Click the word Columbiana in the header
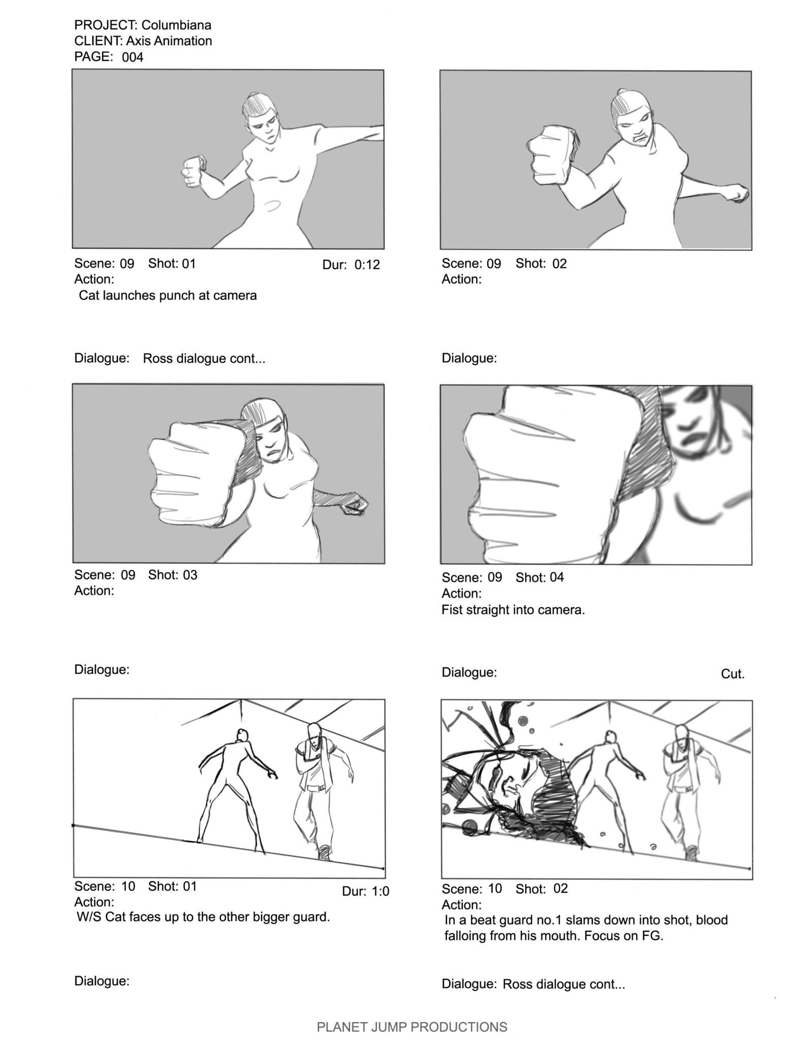click(177, 25)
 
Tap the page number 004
click(132, 57)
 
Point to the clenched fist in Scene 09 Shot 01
click(194, 171)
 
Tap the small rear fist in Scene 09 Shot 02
click(738, 193)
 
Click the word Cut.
click(732, 674)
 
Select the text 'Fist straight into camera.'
click(513, 610)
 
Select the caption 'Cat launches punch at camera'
click(168, 296)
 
